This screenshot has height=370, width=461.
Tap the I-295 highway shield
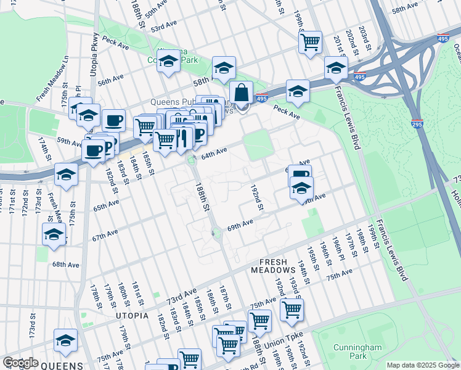point(417,124)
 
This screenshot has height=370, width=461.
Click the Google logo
point(20,363)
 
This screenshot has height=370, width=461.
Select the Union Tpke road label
point(284,339)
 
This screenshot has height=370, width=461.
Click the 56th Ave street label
point(110,78)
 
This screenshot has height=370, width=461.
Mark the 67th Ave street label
point(104,237)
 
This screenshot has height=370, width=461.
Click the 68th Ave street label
point(67,265)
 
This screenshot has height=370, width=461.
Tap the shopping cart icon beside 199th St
point(310,42)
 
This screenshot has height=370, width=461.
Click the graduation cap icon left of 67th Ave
point(54,235)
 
